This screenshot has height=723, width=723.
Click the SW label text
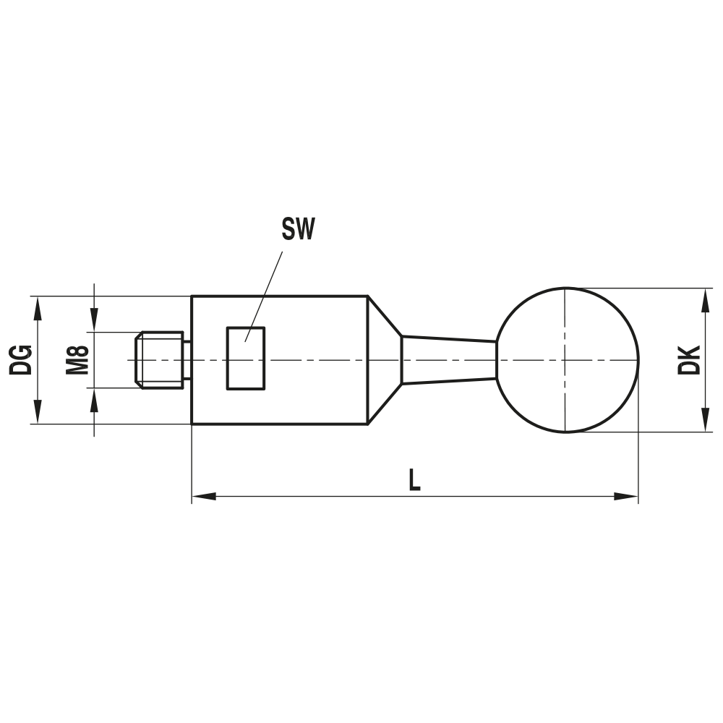pos(299,230)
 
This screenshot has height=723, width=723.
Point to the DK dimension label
pos(689,359)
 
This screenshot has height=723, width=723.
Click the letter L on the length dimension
pos(414,480)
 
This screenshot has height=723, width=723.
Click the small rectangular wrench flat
pos(246,358)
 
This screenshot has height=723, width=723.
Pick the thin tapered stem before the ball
pos(448,359)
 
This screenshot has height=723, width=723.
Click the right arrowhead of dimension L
pos(626,497)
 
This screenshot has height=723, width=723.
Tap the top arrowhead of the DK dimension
pos(704,300)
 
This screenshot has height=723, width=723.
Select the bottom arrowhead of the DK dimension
pos(704,421)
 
